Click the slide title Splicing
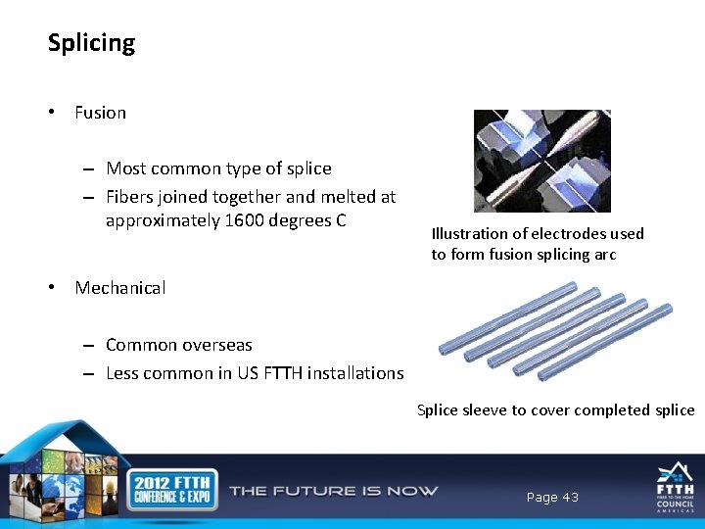pyautogui.click(x=91, y=43)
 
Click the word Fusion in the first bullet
pyautogui.click(x=100, y=113)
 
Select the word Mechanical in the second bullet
pyautogui.click(x=119, y=288)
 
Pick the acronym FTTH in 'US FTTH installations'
pyautogui.click(x=284, y=373)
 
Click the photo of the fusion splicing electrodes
pyautogui.click(x=541, y=161)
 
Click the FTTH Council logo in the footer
pyautogui.click(x=675, y=489)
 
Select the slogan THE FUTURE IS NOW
pyautogui.click(x=333, y=491)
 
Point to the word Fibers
pyautogui.click(x=132, y=197)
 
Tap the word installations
pyautogui.click(x=355, y=373)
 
